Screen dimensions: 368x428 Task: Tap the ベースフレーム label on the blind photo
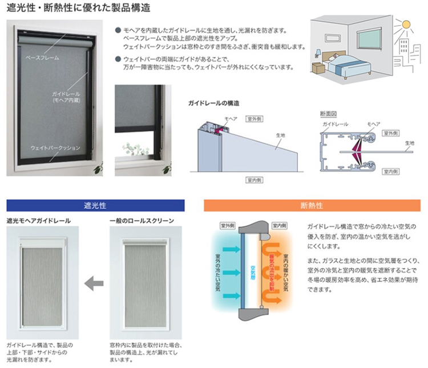coord(42,58)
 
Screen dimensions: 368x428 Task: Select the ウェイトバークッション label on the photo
coord(55,148)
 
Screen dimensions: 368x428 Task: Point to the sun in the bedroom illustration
coord(406,25)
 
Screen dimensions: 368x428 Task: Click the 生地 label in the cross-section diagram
coord(409,143)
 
